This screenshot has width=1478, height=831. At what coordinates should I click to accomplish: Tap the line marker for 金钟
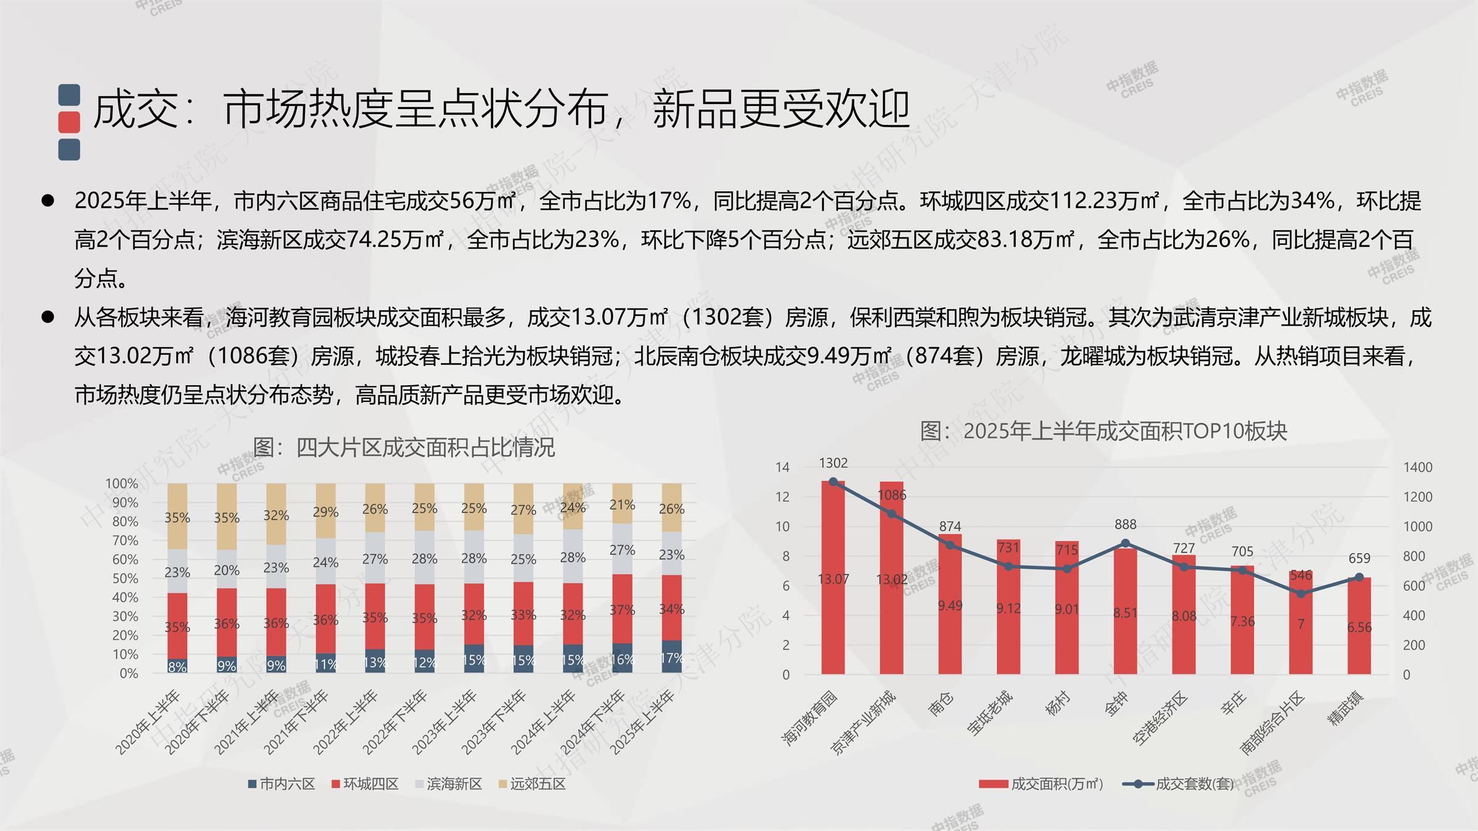(x=1125, y=543)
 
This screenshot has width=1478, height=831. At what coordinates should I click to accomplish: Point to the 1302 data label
(x=833, y=463)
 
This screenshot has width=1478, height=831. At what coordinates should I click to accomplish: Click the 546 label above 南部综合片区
(x=1301, y=575)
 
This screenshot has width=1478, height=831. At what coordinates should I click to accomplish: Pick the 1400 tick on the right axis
(x=1418, y=467)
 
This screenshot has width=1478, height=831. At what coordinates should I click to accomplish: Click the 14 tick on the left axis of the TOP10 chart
(x=782, y=467)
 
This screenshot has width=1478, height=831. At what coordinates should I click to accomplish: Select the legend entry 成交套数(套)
(x=1179, y=784)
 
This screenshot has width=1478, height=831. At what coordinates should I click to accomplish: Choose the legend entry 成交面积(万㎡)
(x=1042, y=784)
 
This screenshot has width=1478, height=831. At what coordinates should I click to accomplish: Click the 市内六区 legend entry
(x=281, y=784)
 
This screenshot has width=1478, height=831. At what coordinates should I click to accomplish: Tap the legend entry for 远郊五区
(x=532, y=784)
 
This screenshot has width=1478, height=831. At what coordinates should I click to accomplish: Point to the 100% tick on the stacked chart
(x=122, y=484)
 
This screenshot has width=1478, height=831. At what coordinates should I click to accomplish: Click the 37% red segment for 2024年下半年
(x=622, y=609)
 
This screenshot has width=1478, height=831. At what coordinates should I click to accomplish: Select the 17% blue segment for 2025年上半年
(x=671, y=657)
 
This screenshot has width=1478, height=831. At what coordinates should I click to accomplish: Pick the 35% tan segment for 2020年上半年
(x=177, y=517)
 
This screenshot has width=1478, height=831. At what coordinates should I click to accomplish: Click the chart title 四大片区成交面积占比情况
(x=404, y=448)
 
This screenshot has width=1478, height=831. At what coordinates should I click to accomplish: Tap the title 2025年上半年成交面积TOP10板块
(x=1104, y=431)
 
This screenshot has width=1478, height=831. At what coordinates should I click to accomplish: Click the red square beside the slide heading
(x=69, y=122)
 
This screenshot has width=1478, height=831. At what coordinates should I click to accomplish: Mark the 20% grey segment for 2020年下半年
(x=227, y=569)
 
